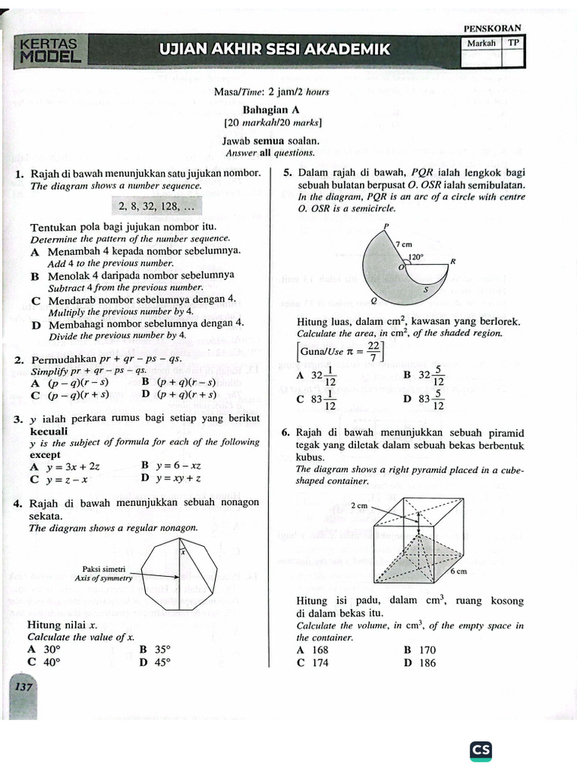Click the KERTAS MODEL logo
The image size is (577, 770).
50,50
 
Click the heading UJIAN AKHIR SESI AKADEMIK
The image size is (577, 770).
275,50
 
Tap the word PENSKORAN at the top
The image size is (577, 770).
493,29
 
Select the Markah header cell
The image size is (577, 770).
481,44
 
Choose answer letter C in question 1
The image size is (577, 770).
35,300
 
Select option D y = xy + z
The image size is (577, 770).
171,477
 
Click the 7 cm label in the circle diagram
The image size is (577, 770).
403,244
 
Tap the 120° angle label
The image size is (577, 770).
415,256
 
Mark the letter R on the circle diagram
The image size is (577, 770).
453,262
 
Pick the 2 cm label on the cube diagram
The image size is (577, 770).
359,506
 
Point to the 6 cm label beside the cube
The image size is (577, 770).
459,571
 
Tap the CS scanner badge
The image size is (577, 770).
480,750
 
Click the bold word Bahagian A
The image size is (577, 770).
272,110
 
